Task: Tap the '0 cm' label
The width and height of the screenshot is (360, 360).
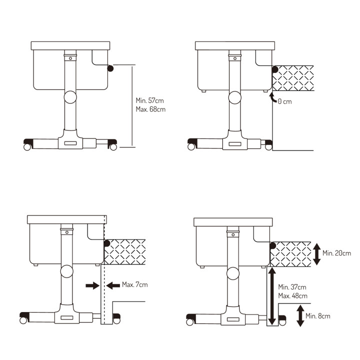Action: click(x=284, y=101)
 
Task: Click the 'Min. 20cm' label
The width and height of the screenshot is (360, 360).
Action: click(x=336, y=253)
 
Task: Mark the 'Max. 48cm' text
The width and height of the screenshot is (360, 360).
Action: click(x=292, y=295)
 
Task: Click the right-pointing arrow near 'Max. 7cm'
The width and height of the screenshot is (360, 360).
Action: click(x=92, y=285)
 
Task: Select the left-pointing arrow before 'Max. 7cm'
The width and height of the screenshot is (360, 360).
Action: click(x=112, y=285)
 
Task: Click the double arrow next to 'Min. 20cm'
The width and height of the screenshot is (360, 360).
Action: click(x=317, y=254)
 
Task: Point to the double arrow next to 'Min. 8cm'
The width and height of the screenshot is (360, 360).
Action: click(x=300, y=316)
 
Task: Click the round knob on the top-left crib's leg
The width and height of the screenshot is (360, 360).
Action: click(x=70, y=96)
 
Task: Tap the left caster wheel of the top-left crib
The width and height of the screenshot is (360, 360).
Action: click(x=27, y=147)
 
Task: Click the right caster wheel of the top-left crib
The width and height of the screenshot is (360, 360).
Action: click(x=113, y=147)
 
